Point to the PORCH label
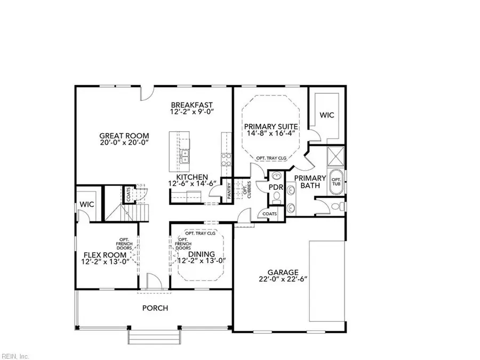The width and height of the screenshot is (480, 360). (155, 308)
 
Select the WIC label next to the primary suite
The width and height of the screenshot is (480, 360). (326, 115)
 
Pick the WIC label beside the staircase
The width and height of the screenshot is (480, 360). (87, 204)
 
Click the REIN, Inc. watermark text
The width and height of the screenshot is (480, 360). (15, 356)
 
